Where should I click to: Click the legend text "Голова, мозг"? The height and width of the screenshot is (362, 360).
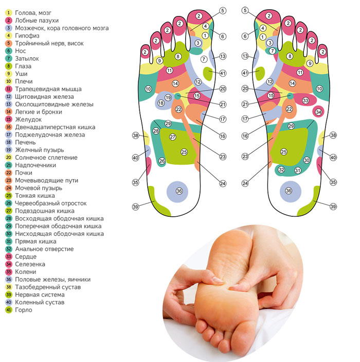33,13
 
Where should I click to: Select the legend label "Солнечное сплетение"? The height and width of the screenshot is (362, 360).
46,158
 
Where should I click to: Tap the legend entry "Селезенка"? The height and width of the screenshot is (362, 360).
30,264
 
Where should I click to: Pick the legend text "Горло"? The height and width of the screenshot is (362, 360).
24,310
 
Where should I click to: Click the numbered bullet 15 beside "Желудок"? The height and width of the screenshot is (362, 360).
9,119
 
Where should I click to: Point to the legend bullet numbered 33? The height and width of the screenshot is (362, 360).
9,257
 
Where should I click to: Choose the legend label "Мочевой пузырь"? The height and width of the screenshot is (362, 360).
39,188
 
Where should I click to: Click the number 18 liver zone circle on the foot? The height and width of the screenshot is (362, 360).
161,103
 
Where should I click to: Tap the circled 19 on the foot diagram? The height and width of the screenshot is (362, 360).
168,98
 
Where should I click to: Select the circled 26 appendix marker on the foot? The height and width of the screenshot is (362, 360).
162,161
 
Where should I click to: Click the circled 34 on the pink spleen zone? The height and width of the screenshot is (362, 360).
318,112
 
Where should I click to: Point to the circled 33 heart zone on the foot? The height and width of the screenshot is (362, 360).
305,100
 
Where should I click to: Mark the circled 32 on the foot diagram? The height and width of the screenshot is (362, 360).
281,170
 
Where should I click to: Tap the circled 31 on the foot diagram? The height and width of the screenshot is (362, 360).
298,170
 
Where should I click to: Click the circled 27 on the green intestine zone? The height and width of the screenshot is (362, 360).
172,137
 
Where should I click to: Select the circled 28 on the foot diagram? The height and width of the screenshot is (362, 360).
156,131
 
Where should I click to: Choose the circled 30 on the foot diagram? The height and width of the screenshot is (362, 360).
307,160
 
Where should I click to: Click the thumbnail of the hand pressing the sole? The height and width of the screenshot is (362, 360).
233,294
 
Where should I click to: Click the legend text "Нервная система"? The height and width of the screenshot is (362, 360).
40,295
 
